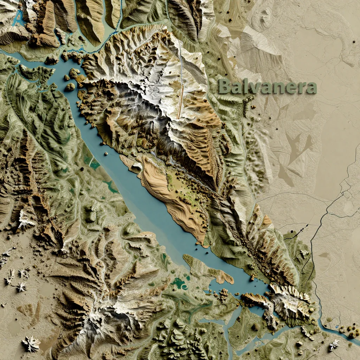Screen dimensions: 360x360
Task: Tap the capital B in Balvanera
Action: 225,86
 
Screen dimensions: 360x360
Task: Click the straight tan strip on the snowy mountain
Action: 180,102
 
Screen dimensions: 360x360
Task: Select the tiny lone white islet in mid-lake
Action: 106,153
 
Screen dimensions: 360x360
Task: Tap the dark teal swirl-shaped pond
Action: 180,283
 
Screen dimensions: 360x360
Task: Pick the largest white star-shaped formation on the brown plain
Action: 31,343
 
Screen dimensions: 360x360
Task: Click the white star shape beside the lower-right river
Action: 333,345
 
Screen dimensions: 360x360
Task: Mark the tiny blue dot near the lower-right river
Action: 337,327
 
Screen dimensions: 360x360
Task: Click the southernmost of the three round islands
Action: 70,86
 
